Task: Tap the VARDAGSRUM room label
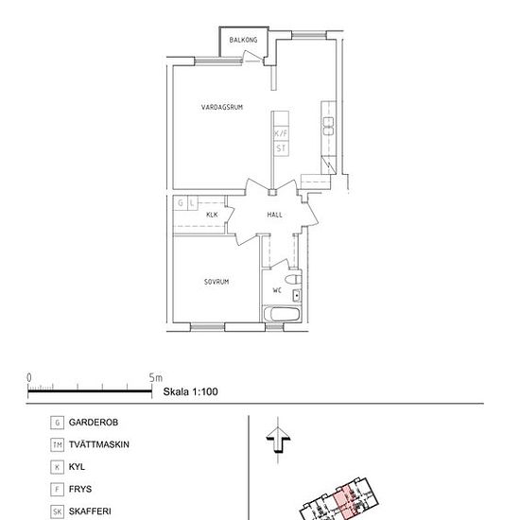tap(222, 108)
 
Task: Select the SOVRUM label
tap(217, 282)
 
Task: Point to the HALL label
tap(274, 215)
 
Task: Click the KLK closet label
tap(212, 216)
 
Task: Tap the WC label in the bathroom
tap(277, 289)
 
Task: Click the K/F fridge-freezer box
tap(280, 134)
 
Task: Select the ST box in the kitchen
tap(280, 148)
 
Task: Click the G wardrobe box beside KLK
tap(179, 202)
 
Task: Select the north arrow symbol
tap(275, 440)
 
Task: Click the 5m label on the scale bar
tap(156, 377)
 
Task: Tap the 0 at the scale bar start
tap(29, 377)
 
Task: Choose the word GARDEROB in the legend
tap(93, 422)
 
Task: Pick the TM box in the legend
tap(59, 444)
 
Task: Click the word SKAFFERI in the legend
tap(90, 511)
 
